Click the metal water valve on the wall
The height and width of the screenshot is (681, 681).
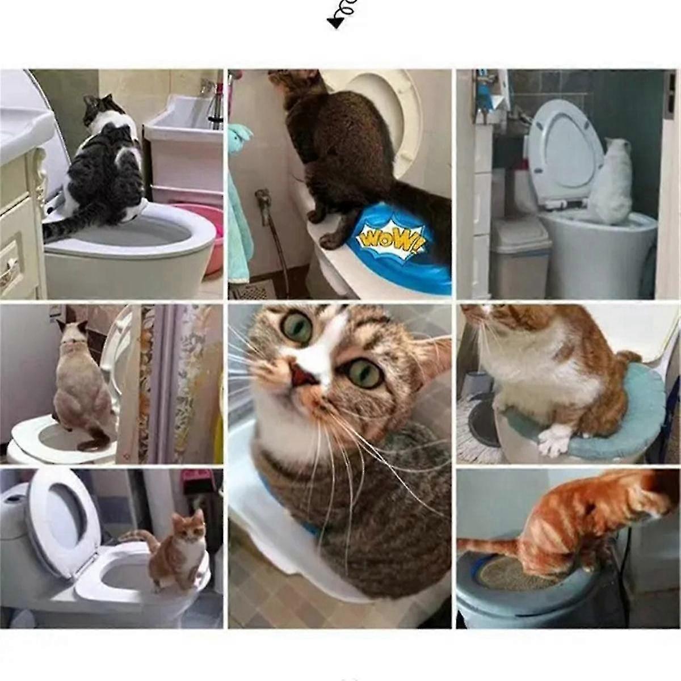262,199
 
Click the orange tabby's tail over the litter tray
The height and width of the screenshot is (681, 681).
488,546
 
